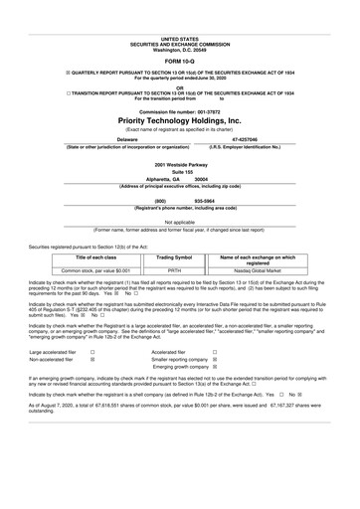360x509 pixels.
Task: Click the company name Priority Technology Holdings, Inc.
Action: coord(180,119)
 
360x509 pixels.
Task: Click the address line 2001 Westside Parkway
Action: coord(180,163)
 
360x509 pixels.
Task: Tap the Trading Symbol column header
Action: coord(174,256)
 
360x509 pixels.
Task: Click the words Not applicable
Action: coord(180,222)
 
